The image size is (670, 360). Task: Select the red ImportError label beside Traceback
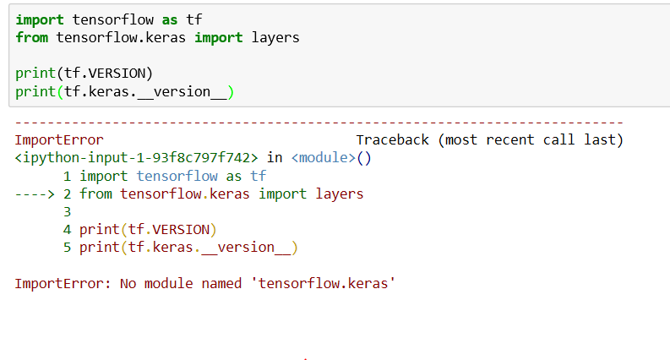click(x=59, y=139)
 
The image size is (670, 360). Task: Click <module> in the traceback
click(x=324, y=157)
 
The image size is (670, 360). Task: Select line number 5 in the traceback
click(x=67, y=247)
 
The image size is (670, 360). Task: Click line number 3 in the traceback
click(x=67, y=211)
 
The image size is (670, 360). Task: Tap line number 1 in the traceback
click(x=67, y=176)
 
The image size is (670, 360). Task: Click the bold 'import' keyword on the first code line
click(x=40, y=19)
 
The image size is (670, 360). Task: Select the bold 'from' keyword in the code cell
click(x=31, y=37)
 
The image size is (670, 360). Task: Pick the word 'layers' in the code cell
click(x=275, y=37)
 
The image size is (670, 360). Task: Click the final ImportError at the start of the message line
click(x=59, y=283)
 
